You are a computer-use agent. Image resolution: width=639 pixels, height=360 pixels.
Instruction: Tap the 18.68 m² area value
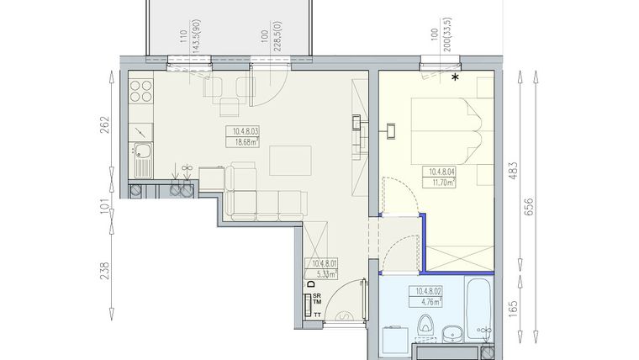point(242,141)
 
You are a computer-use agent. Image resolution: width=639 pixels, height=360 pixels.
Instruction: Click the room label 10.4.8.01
point(321,263)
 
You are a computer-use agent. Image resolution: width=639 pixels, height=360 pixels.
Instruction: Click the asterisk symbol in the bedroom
point(456,77)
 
